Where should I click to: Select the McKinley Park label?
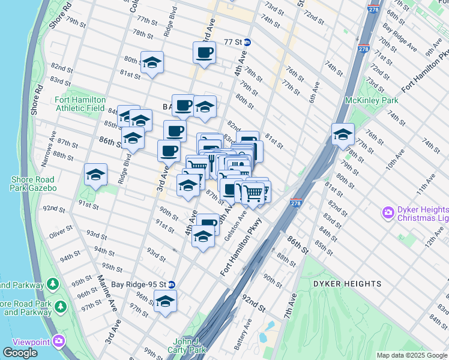[364, 100]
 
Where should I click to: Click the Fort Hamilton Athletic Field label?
[80, 104]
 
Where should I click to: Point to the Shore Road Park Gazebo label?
[32, 184]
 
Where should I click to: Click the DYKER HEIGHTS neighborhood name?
[346, 283]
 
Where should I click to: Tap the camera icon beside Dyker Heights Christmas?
[388, 212]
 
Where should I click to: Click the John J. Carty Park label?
[190, 345]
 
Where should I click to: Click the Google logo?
[20, 353]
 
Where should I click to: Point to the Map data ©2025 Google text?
[412, 355]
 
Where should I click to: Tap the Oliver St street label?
[61, 229]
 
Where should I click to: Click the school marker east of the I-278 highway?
[343, 134]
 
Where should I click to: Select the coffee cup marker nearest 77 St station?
[204, 52]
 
